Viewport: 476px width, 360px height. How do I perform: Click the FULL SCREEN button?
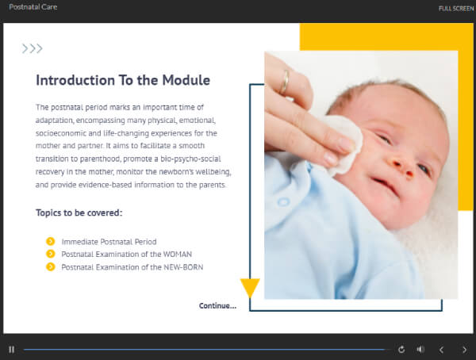pos(456,8)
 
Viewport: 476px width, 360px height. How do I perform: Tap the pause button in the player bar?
pos(11,349)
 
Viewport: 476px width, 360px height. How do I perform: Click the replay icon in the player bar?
pos(401,349)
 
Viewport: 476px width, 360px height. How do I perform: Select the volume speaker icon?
pos(420,349)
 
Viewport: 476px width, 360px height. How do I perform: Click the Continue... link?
pos(217,305)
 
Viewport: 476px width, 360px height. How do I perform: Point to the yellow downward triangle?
pos(250,287)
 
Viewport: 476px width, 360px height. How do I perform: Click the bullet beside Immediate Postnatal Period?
pos(51,241)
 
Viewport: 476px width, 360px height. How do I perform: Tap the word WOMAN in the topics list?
pos(176,254)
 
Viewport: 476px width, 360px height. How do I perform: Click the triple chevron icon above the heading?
pos(32,48)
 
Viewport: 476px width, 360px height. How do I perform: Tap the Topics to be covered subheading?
pos(79,213)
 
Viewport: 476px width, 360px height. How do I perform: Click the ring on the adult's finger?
pos(284,82)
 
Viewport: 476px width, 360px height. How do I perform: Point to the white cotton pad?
pos(342,143)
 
